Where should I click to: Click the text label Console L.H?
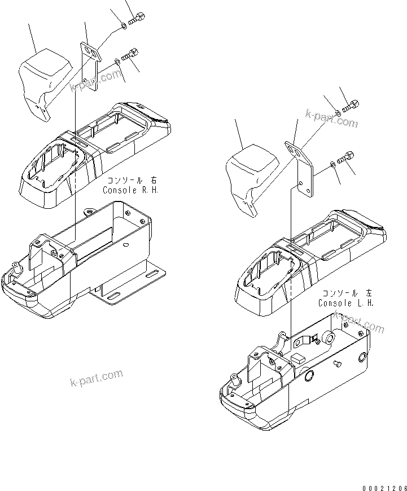346,303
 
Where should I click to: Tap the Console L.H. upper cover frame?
310,260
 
